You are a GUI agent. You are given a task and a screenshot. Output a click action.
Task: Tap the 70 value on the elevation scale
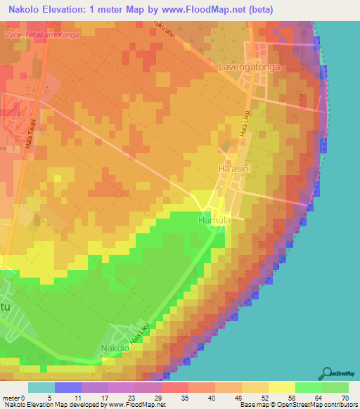345,398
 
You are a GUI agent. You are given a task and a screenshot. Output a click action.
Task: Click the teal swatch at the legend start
41,387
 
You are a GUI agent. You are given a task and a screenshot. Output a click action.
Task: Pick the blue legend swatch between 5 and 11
67,387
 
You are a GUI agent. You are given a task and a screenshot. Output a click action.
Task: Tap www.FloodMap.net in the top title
204,10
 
